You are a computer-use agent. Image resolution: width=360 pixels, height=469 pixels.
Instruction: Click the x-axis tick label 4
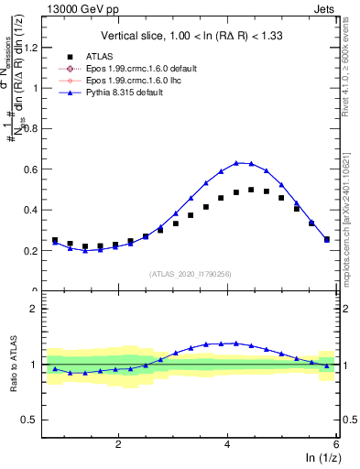(x=227, y=443)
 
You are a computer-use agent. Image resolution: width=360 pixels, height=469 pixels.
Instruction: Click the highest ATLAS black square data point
(x=251, y=190)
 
